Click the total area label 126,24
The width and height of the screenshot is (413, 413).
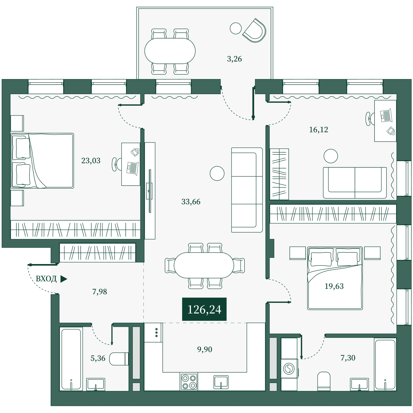pos(204,309)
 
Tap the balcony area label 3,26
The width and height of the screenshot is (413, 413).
pos(234,59)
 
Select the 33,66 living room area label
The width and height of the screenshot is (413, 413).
pos(191,202)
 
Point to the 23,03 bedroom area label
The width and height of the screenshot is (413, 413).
pos(91,161)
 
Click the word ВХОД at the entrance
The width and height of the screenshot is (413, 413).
pos(46,279)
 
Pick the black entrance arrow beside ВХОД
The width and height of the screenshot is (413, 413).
pos(64,279)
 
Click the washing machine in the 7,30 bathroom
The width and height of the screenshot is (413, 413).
pos(289,368)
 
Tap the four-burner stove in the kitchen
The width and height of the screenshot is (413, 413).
pos(189,382)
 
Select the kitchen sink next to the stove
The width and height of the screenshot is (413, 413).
pos(221,382)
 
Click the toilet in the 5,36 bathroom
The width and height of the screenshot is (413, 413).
pos(119,359)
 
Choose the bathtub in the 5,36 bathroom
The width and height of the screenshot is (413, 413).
pos(71,359)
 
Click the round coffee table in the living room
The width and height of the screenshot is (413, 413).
pos(217,173)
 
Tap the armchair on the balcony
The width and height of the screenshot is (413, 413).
pos(255,31)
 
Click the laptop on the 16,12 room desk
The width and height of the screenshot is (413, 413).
pos(386,116)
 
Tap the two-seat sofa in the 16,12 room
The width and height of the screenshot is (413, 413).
pos(355,183)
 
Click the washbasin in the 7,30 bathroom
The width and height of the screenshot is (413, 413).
pos(359,384)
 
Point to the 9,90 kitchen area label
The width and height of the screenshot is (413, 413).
pos(205,349)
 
